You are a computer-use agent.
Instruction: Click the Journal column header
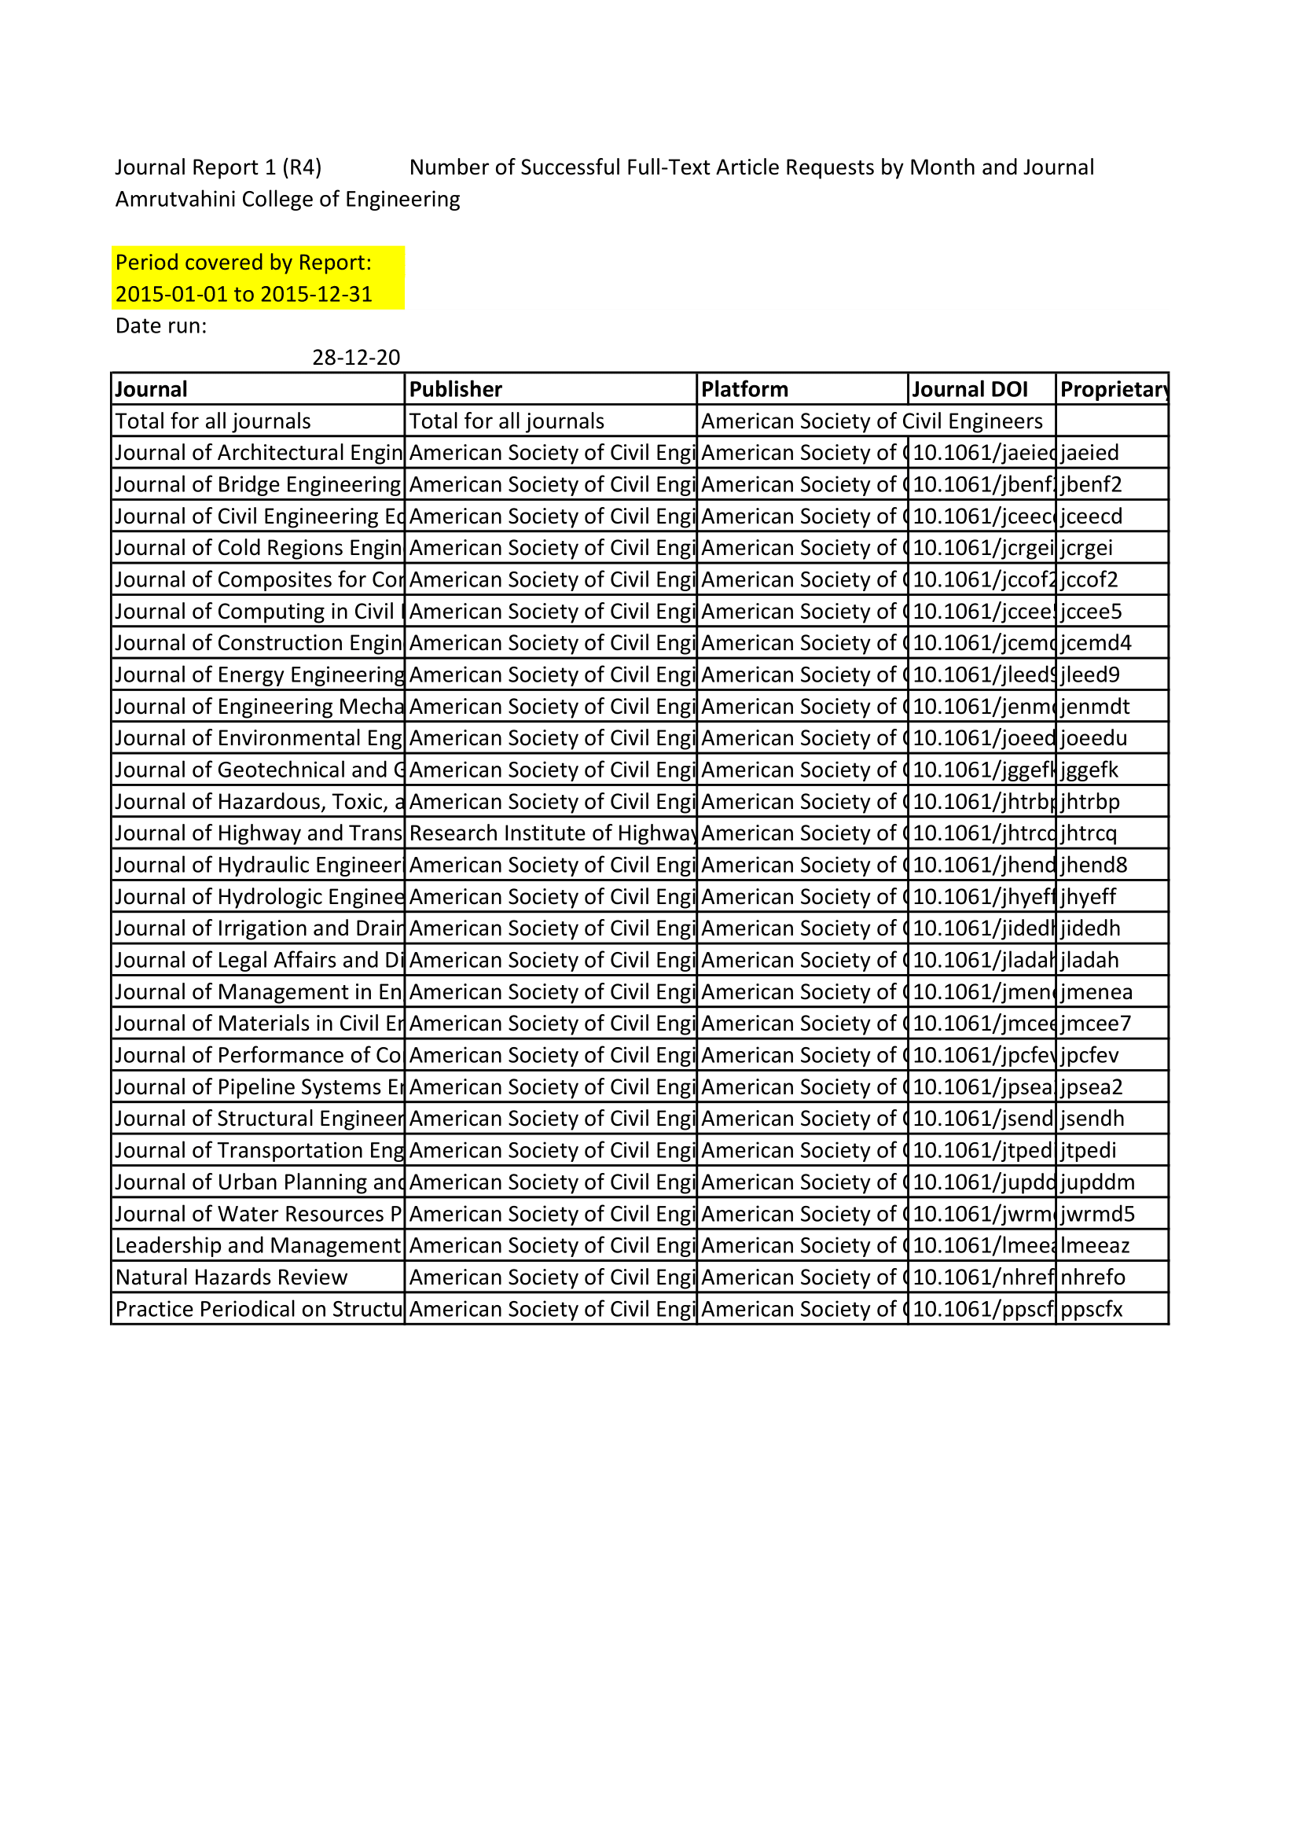click(151, 389)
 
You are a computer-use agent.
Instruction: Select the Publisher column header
click(456, 389)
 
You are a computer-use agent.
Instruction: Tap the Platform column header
click(744, 389)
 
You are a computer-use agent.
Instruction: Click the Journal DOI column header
click(969, 389)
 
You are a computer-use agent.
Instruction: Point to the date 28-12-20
click(355, 357)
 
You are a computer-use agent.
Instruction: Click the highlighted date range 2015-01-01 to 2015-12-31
click(244, 294)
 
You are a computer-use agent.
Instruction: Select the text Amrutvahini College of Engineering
click(288, 199)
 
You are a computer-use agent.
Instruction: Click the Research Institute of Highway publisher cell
click(551, 833)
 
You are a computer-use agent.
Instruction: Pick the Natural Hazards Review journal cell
click(231, 1277)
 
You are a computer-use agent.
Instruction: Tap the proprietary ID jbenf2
click(1091, 484)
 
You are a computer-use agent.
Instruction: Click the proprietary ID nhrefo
click(1093, 1277)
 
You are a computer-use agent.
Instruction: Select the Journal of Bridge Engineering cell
click(258, 484)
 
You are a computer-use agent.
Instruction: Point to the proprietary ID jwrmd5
click(1097, 1214)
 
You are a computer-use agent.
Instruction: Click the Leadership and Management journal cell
click(258, 1245)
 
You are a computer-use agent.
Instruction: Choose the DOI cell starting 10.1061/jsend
click(982, 1119)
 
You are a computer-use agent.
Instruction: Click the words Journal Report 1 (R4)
click(218, 167)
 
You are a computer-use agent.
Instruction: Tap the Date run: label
click(161, 325)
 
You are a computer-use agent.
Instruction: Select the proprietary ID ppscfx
click(1091, 1309)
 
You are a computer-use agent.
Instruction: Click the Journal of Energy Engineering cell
click(258, 675)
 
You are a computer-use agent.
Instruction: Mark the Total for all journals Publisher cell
click(507, 421)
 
